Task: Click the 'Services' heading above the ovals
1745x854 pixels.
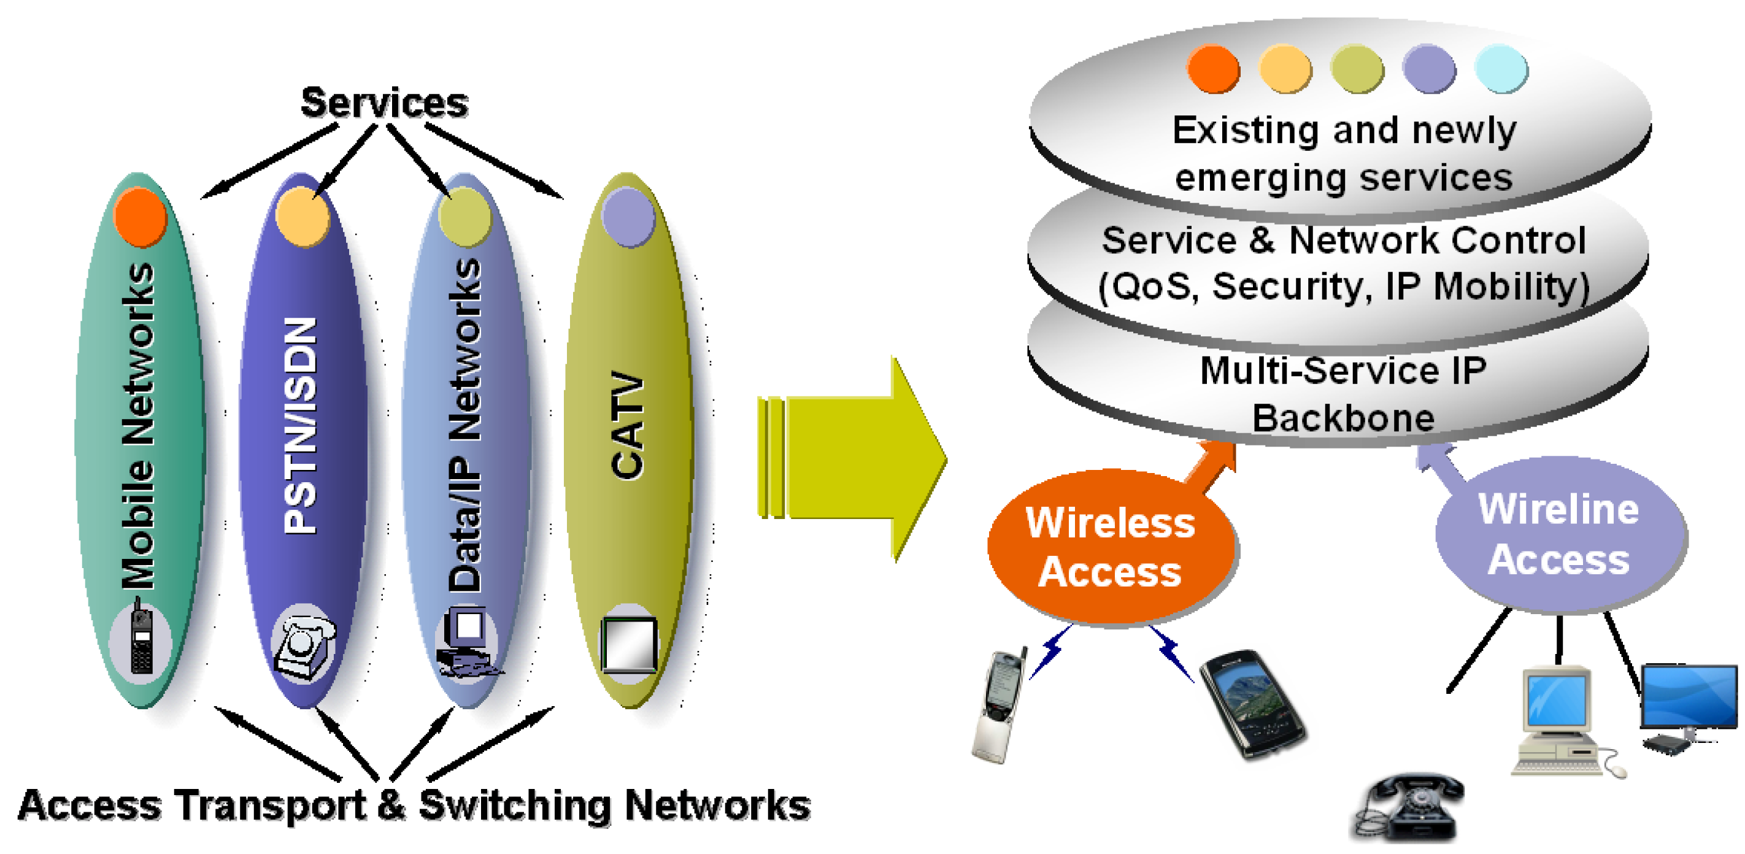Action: point(384,103)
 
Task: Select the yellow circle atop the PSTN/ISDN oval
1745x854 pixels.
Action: point(302,217)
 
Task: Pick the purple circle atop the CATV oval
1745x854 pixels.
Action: point(628,217)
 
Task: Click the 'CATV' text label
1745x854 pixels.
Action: point(627,425)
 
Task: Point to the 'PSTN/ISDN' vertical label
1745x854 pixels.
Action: point(301,425)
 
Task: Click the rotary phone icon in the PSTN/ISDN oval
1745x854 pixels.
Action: point(304,645)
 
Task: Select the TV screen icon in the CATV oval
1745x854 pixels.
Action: point(630,644)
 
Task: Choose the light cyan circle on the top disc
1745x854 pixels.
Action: point(1501,68)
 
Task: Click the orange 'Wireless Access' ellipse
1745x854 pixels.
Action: point(1111,547)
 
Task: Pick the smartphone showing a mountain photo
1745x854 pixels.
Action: point(1252,704)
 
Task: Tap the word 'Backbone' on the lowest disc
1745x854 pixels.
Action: point(1342,418)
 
